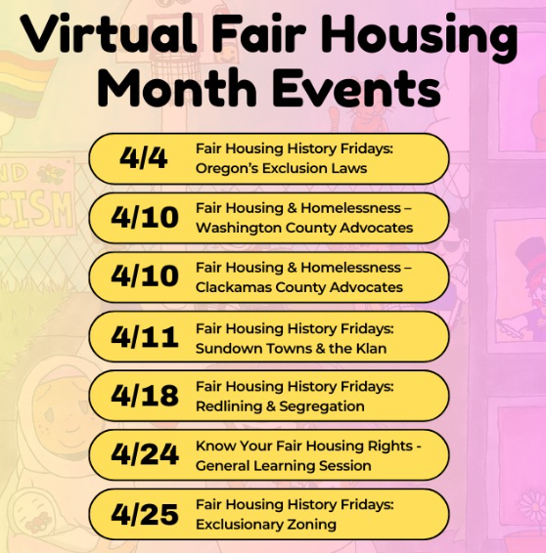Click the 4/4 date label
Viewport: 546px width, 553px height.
(144, 157)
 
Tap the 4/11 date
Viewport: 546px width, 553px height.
(145, 337)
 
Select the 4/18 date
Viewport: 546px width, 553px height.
(145, 395)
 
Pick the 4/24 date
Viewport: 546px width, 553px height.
(145, 454)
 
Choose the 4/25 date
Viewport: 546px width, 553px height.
(145, 514)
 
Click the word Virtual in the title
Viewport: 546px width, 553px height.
(110, 32)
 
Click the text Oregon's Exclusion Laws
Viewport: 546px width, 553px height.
(281, 168)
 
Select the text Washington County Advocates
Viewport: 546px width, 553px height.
(304, 228)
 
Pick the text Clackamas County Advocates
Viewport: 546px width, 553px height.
(299, 287)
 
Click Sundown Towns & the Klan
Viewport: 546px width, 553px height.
(291, 349)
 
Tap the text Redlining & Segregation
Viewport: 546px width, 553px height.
(280, 406)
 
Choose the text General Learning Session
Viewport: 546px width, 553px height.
(283, 465)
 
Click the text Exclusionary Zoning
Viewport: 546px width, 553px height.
(266, 525)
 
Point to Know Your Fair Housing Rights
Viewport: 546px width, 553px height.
(304, 447)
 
